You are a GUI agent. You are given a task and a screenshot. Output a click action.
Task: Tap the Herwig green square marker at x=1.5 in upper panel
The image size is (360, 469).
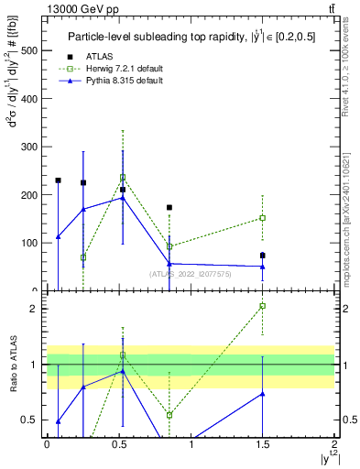point(262,218)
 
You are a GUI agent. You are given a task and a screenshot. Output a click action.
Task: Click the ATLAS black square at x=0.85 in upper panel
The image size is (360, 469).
point(169,208)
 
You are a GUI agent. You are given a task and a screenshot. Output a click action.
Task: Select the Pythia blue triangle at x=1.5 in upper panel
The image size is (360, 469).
point(262,267)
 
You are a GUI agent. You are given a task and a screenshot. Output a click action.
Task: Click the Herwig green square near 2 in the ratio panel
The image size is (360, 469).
point(262,306)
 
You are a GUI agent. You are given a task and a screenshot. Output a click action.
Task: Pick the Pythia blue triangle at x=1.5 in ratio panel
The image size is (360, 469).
point(262,394)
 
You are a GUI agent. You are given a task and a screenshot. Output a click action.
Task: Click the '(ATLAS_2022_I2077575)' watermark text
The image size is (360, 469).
point(191,273)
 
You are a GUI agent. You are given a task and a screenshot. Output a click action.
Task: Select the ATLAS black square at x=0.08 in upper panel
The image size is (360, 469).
point(58,180)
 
